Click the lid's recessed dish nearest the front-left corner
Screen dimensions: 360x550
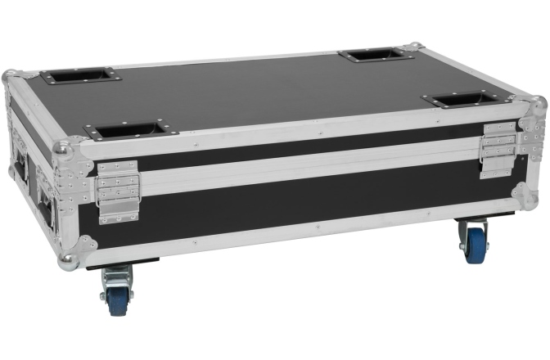pyautogui.click(x=129, y=131)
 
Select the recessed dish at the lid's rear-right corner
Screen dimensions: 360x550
pyautogui.click(x=376, y=55)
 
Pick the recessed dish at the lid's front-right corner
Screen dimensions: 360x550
pyautogui.click(x=460, y=100)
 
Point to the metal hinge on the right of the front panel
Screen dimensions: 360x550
pyautogui.click(x=498, y=149)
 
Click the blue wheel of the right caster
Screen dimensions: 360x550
pyautogui.click(x=475, y=245)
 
